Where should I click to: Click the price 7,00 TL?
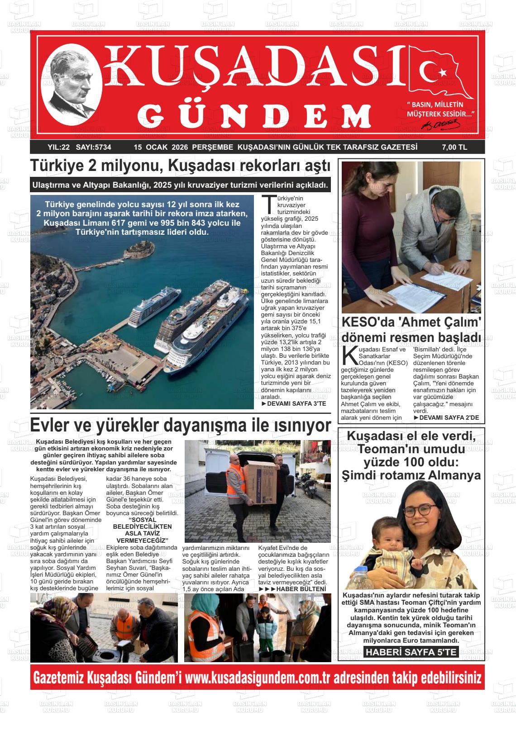pyautogui.click(x=454, y=147)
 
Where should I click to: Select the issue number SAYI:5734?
pyautogui.click(x=94, y=147)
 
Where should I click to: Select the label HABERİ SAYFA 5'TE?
pyautogui.click(x=411, y=652)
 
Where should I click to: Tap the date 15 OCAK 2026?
pyautogui.click(x=161, y=147)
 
